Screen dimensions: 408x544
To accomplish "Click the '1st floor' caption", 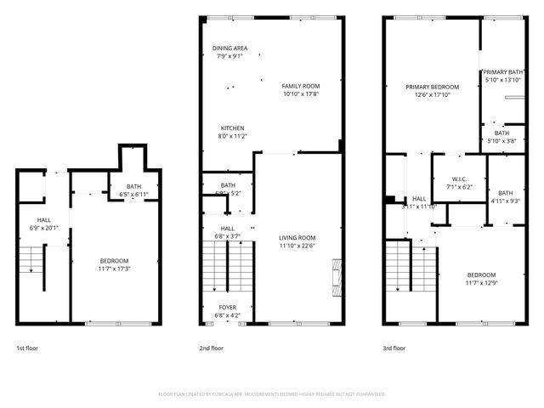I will [x=26, y=348].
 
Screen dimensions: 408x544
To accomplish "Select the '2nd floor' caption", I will [x=211, y=348].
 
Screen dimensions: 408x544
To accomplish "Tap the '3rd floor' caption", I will [x=394, y=348].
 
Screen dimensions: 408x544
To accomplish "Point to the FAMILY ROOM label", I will [x=301, y=86].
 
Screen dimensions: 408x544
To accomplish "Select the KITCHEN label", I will [x=232, y=128].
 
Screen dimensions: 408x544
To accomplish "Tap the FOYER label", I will [x=228, y=307].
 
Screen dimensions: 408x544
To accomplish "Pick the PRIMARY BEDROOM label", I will [x=432, y=87].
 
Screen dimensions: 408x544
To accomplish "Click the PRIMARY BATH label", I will [x=502, y=72].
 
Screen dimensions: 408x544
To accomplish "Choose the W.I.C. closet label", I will [x=459, y=178].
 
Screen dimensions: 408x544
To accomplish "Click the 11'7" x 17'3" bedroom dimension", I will [x=114, y=269].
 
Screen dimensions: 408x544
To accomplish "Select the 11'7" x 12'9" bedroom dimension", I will [x=481, y=283].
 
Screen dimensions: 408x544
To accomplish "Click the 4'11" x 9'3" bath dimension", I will [x=505, y=201].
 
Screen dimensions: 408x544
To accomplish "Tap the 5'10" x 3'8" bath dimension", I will [x=501, y=141].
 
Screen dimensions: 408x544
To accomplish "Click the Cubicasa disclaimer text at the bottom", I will [x=272, y=394].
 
